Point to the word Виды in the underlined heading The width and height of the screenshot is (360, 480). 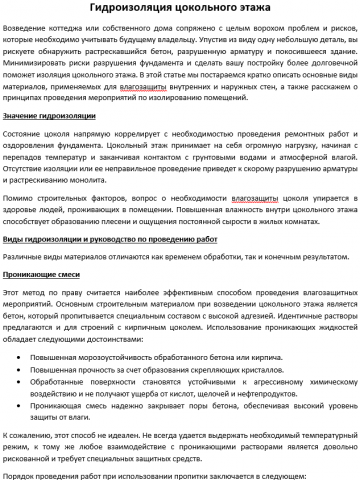click(x=14, y=241)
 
